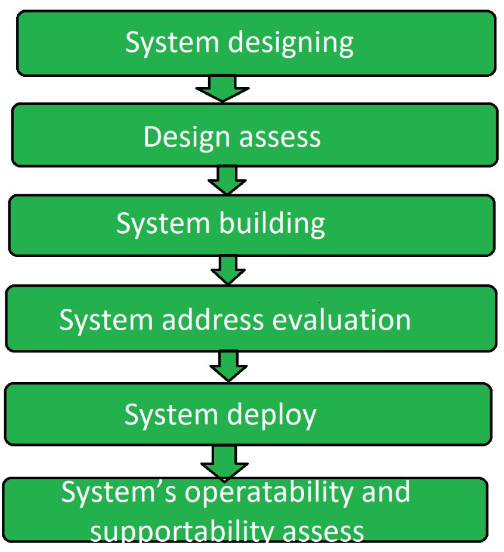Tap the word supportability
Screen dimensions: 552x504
[x=185, y=530]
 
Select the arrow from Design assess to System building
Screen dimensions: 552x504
[x=227, y=180]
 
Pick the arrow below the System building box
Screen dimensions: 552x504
[x=228, y=271]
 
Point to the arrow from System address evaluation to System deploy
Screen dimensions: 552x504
[x=228, y=365]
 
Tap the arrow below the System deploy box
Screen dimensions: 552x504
[x=224, y=462]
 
